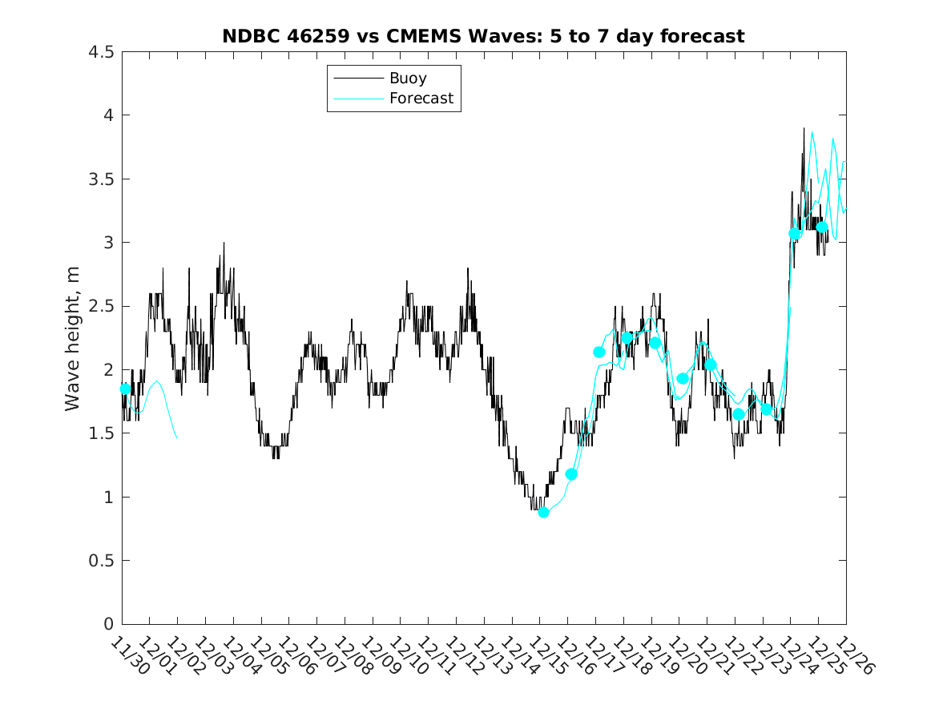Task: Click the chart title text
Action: click(x=483, y=36)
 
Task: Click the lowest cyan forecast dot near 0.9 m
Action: click(x=543, y=512)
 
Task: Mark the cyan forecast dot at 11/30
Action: click(x=125, y=389)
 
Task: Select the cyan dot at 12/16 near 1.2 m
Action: click(x=571, y=474)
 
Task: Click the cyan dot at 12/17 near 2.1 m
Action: click(x=599, y=352)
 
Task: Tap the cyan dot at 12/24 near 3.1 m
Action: click(x=796, y=233)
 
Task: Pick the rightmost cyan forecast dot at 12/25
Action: click(x=822, y=227)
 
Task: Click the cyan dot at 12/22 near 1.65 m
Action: click(x=739, y=414)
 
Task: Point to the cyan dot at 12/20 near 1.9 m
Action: click(x=683, y=378)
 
